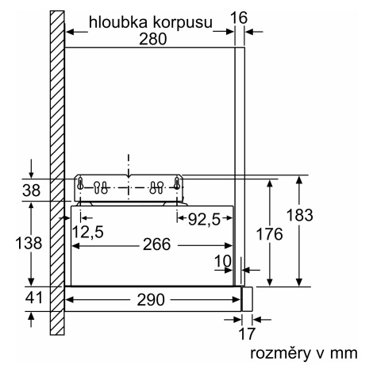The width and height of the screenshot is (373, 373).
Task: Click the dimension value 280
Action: pos(153,39)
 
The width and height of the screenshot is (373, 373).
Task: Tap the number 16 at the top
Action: pos(239,18)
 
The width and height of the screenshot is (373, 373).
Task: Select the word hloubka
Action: pos(118,22)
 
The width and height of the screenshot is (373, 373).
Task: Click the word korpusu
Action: pos(183,24)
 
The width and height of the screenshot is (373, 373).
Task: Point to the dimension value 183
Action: pos(300,215)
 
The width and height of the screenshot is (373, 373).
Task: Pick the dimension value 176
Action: pos(270,234)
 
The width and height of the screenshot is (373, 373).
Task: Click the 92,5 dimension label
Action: pos(204,220)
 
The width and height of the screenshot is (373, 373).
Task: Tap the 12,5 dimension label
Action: pos(87,232)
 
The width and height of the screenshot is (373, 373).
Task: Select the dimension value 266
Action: pos(157,244)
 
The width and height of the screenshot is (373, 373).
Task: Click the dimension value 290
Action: pos(151,300)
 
